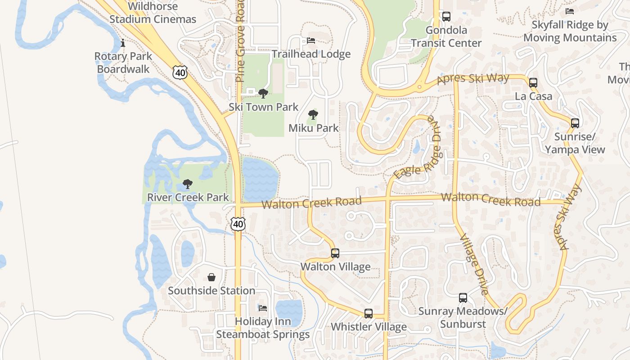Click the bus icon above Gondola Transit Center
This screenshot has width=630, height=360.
click(x=446, y=17)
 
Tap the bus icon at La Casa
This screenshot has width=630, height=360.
click(x=533, y=83)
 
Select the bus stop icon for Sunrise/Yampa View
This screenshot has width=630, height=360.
click(x=575, y=123)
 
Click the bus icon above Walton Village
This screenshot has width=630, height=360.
click(x=335, y=253)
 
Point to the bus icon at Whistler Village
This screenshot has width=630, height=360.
click(x=369, y=314)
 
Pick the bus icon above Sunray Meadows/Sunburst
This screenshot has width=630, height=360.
click(x=463, y=298)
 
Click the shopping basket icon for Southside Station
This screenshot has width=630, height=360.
click(x=211, y=277)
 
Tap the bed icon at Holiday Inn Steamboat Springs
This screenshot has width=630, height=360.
click(x=263, y=308)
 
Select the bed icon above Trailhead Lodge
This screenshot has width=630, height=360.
click(x=311, y=40)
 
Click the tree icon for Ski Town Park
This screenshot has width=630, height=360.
click(x=263, y=94)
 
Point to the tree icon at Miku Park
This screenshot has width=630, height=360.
click(x=313, y=115)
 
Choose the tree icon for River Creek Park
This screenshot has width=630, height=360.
click(x=188, y=184)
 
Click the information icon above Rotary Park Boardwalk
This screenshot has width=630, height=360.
click(x=123, y=43)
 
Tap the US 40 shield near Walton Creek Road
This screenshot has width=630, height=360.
click(x=238, y=224)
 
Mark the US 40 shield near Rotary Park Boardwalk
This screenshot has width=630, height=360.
click(x=179, y=72)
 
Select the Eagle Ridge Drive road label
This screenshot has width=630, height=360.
click(x=416, y=148)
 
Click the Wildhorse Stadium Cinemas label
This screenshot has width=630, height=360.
click(x=153, y=13)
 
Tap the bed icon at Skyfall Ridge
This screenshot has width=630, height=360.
click(x=570, y=11)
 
